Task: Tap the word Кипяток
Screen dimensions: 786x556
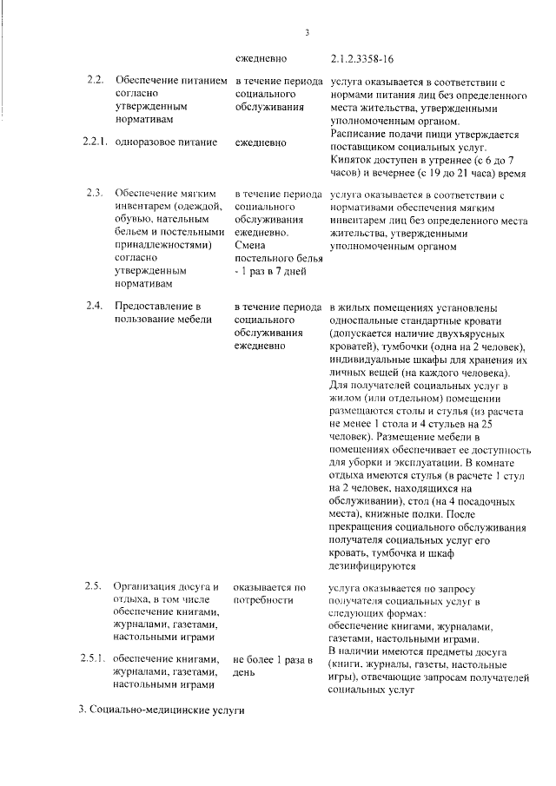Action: (x=351, y=160)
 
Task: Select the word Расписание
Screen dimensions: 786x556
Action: (x=359, y=135)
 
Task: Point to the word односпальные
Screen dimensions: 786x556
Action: (x=366, y=320)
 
